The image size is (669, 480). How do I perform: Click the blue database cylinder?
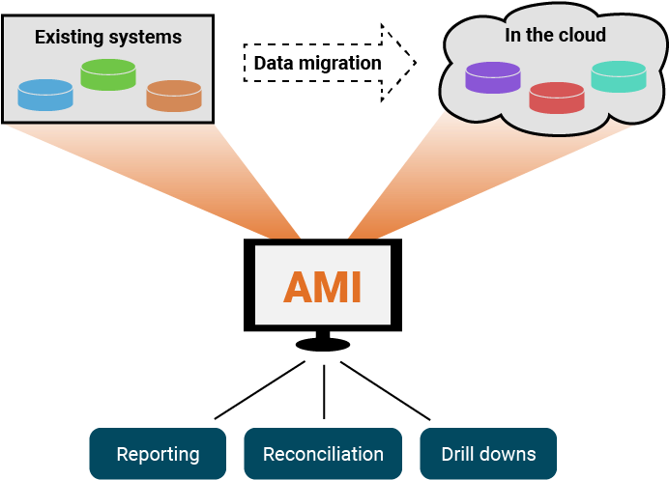click(x=45, y=95)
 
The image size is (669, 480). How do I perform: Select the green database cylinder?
click(x=107, y=74)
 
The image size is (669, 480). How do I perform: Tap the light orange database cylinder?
click(x=174, y=96)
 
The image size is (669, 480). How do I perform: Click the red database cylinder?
click(x=557, y=98)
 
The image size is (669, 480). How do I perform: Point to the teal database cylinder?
click(x=619, y=77)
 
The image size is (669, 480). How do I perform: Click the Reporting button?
click(x=158, y=454)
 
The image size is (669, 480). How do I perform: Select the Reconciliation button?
click(x=323, y=454)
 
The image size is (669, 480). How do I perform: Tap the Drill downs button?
click(x=488, y=454)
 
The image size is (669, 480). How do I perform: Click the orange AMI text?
click(x=323, y=287)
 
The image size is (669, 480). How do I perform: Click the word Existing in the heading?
click(x=69, y=38)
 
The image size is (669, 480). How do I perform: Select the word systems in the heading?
click(x=144, y=38)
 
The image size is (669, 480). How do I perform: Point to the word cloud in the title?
click(x=582, y=35)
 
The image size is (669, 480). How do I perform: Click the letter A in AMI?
click(x=298, y=287)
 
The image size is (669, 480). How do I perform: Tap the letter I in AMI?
click(x=358, y=287)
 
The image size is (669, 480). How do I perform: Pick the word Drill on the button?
click(x=459, y=454)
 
